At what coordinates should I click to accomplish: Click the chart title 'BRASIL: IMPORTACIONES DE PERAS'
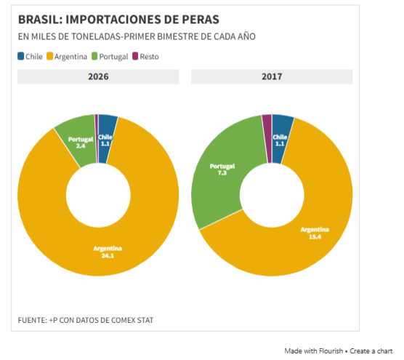click(118, 18)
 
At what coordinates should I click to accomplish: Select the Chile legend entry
click(30, 56)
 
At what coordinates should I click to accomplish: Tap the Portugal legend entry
click(110, 56)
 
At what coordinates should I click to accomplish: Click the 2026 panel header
click(98, 76)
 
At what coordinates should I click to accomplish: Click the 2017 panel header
click(272, 76)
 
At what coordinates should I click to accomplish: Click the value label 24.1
click(108, 255)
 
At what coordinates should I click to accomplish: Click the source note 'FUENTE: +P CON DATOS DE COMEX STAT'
click(86, 320)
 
